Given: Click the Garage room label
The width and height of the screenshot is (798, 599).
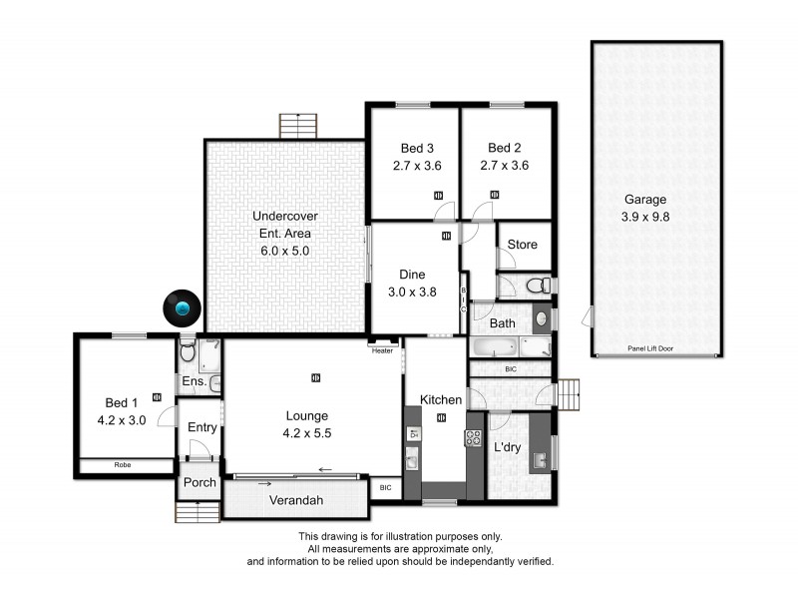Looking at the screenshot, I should (x=645, y=199).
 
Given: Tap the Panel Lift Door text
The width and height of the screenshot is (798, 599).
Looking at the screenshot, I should (x=654, y=348).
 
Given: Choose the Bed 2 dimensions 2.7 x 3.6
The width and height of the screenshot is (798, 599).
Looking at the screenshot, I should (x=504, y=166).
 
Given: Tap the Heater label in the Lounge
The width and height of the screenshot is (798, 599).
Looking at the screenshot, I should (x=382, y=350).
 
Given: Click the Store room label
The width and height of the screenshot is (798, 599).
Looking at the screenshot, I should (x=522, y=245).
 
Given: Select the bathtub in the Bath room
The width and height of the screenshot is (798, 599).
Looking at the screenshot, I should (x=493, y=348).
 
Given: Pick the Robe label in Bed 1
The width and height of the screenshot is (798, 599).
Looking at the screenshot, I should (x=123, y=465).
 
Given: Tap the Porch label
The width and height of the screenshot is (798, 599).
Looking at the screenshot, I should (x=199, y=483).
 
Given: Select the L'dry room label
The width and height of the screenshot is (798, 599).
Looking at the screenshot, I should (x=510, y=447).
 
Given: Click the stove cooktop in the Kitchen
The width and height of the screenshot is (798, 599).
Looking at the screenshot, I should (x=473, y=437).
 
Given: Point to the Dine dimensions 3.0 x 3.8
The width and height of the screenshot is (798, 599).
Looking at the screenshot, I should (x=412, y=293).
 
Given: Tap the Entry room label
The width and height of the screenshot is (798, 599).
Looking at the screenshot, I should (x=202, y=427).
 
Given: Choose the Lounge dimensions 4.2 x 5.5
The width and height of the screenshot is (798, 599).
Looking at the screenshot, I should (x=306, y=433).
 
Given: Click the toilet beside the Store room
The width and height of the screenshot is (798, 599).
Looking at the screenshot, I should (x=539, y=286).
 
